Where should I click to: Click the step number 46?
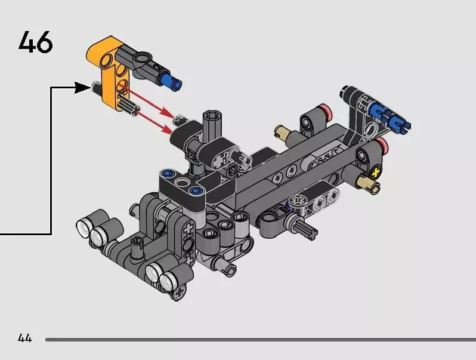click(36, 42)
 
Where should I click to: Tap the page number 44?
click(24, 338)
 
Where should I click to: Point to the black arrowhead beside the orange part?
click(82, 88)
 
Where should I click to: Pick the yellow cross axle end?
click(376, 173)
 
